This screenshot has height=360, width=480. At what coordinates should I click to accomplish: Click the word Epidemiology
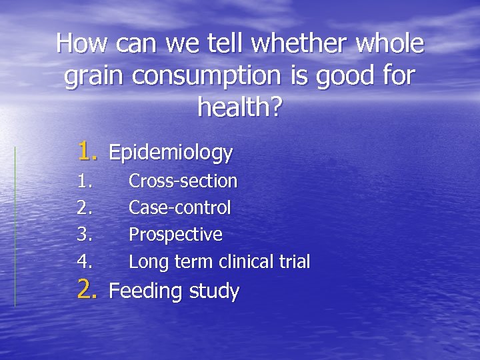(171, 153)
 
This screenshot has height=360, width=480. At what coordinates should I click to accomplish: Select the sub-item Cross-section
(183, 181)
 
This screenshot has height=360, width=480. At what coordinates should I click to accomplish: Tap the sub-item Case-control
(179, 208)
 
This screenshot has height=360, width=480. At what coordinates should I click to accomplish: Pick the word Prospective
(175, 235)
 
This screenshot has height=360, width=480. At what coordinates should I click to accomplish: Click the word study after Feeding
(214, 291)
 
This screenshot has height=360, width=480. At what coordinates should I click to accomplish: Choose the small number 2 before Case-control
(83, 208)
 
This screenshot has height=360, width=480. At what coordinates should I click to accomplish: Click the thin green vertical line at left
(15, 227)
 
